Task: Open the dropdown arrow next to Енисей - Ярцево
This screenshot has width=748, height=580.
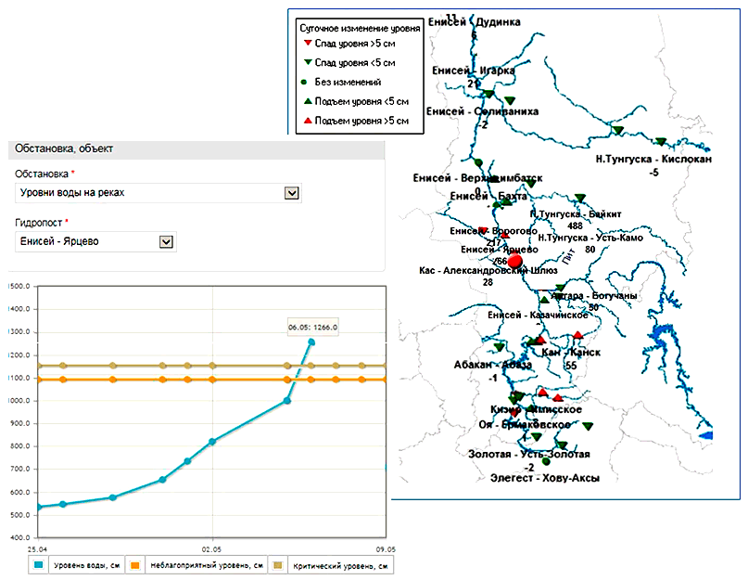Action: tap(167, 241)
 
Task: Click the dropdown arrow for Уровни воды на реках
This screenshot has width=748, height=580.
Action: tap(292, 192)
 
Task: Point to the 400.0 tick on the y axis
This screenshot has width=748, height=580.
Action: tap(19, 538)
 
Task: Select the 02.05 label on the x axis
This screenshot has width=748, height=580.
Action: tap(213, 548)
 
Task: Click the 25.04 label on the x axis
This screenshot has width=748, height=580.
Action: tap(38, 548)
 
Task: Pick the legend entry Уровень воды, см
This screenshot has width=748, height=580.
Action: tap(76, 564)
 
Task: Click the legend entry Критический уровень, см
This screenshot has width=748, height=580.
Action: tap(334, 564)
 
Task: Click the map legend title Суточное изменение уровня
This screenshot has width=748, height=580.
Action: tap(361, 29)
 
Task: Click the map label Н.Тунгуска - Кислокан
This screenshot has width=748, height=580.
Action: tap(654, 160)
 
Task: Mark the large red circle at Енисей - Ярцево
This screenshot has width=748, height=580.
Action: tap(515, 262)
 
